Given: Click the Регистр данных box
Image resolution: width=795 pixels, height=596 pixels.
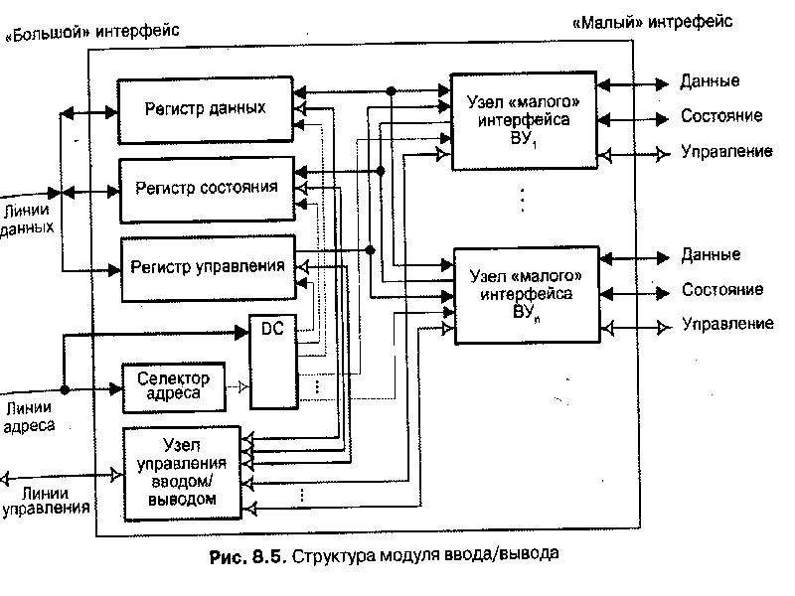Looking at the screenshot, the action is tap(206, 110).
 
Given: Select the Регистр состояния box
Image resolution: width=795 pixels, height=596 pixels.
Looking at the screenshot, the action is tap(207, 190).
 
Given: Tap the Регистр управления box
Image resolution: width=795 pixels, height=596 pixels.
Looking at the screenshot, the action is tap(208, 268).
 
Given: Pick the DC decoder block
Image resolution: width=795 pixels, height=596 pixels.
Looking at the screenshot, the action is tap(273, 362).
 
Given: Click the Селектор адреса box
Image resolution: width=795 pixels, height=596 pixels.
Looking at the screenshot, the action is tap(174, 387).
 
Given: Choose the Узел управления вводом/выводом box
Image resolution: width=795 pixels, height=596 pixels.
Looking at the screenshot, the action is tap(183, 474).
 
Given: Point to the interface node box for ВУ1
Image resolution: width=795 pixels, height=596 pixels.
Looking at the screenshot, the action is tap(524, 121).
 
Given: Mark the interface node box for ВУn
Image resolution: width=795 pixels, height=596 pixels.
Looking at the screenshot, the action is tap(527, 295).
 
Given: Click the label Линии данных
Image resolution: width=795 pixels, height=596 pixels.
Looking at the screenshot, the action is tap(27, 219).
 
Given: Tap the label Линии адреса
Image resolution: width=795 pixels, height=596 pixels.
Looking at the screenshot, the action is tap(29, 416).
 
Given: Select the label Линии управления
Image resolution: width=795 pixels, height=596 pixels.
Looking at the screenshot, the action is tap(46, 501).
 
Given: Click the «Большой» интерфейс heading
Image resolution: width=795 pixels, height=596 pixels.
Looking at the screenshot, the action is tap(91, 32).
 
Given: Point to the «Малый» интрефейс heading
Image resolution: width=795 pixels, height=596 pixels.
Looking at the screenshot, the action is tap(653, 22).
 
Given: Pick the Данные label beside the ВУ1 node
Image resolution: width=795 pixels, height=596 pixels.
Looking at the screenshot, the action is tap(710, 81).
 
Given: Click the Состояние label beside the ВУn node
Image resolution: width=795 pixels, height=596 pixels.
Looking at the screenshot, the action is tap(722, 289).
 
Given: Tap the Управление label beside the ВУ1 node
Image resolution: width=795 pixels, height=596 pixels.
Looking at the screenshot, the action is tap(726, 152).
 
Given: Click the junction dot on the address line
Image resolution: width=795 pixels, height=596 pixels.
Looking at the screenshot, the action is tap(65, 389).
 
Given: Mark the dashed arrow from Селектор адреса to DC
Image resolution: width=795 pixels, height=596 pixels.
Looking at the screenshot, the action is tap(238, 387).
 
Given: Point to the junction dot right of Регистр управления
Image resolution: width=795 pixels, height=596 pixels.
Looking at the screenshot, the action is tap(370, 250).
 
